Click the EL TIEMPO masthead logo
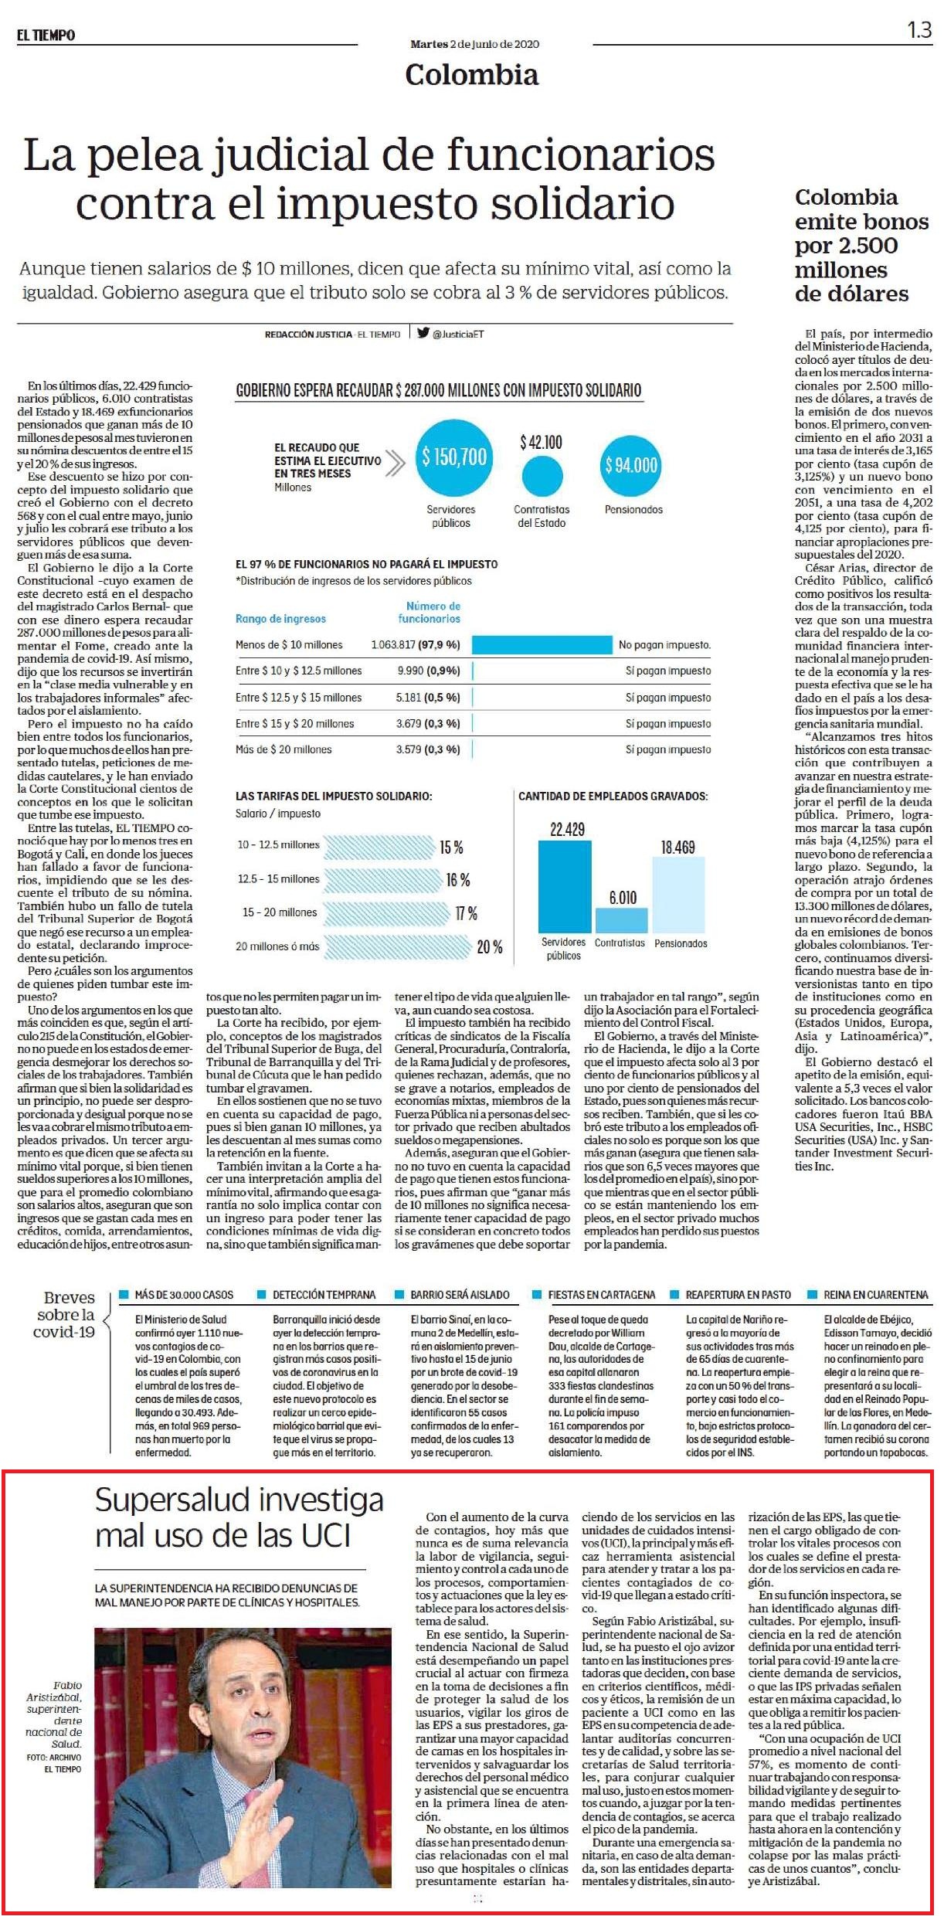(46, 35)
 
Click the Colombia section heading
(472, 75)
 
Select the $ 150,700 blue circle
(454, 457)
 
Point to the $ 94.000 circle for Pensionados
(631, 465)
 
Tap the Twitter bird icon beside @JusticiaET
(423, 334)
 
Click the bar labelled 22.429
(565, 886)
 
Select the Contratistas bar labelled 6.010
(622, 919)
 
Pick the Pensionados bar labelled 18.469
(678, 895)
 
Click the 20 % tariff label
(490, 946)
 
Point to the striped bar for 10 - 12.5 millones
(379, 847)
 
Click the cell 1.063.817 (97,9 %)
(416, 644)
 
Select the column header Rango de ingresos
(280, 619)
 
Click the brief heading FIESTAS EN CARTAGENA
(601, 1294)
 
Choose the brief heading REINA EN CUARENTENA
(876, 1294)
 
